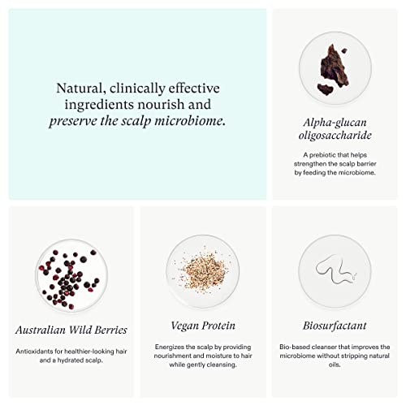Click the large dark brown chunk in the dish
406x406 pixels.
(x=335, y=66)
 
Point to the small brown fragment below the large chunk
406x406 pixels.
(x=326, y=89)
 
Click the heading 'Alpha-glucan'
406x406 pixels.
(x=335, y=123)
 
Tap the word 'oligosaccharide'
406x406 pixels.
(x=335, y=135)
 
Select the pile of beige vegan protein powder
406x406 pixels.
(x=204, y=270)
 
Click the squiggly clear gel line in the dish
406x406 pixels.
(x=335, y=270)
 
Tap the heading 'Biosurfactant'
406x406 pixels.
(x=335, y=326)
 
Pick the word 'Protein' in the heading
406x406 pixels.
(x=219, y=326)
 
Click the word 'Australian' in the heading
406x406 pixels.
(x=40, y=330)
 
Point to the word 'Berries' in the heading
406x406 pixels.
(x=110, y=330)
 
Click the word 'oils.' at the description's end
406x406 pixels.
(x=335, y=365)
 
